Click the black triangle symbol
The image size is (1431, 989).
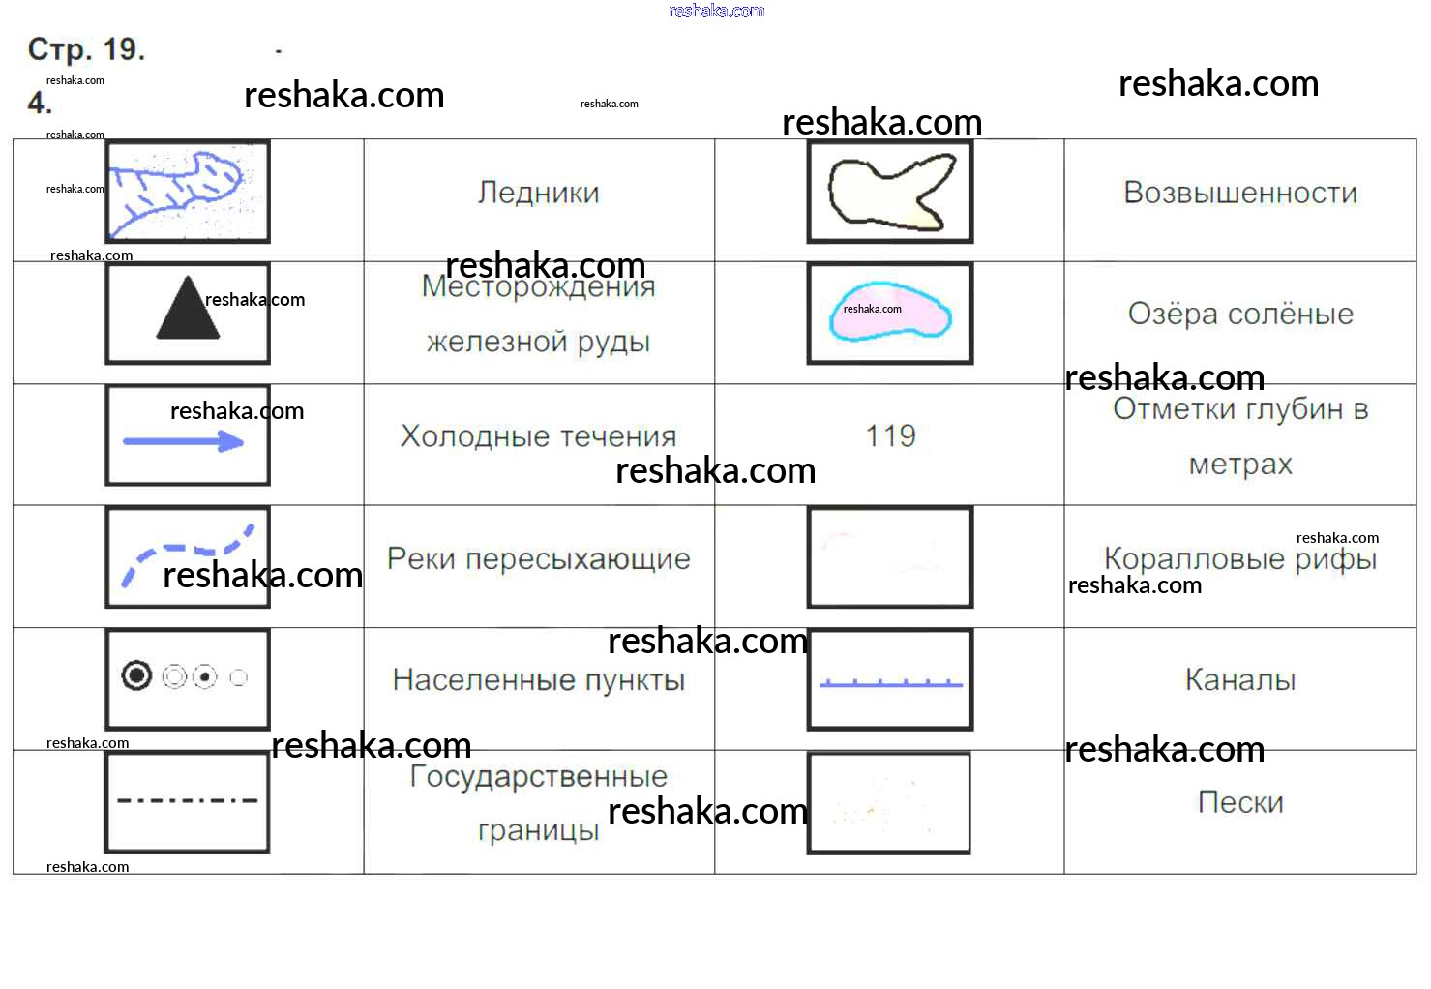(x=188, y=311)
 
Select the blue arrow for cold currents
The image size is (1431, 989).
(x=183, y=442)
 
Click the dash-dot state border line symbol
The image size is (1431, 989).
(x=187, y=800)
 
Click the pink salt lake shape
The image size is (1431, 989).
(x=889, y=312)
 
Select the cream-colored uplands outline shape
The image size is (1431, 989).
(x=888, y=194)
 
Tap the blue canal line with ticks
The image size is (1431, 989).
(x=890, y=683)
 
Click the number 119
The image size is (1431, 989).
(x=890, y=435)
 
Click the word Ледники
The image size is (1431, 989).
(x=538, y=193)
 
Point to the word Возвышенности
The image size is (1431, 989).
(x=1239, y=193)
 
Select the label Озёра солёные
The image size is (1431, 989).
(x=1239, y=314)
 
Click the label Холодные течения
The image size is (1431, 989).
(x=538, y=435)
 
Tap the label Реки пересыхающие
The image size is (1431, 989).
(x=538, y=558)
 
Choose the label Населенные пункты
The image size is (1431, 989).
(x=538, y=680)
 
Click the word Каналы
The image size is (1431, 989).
(x=1239, y=680)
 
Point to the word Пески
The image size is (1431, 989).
(x=1239, y=802)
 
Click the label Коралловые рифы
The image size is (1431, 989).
(x=1239, y=558)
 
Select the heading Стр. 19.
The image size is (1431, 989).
(x=86, y=49)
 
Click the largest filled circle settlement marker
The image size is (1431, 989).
(x=136, y=675)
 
